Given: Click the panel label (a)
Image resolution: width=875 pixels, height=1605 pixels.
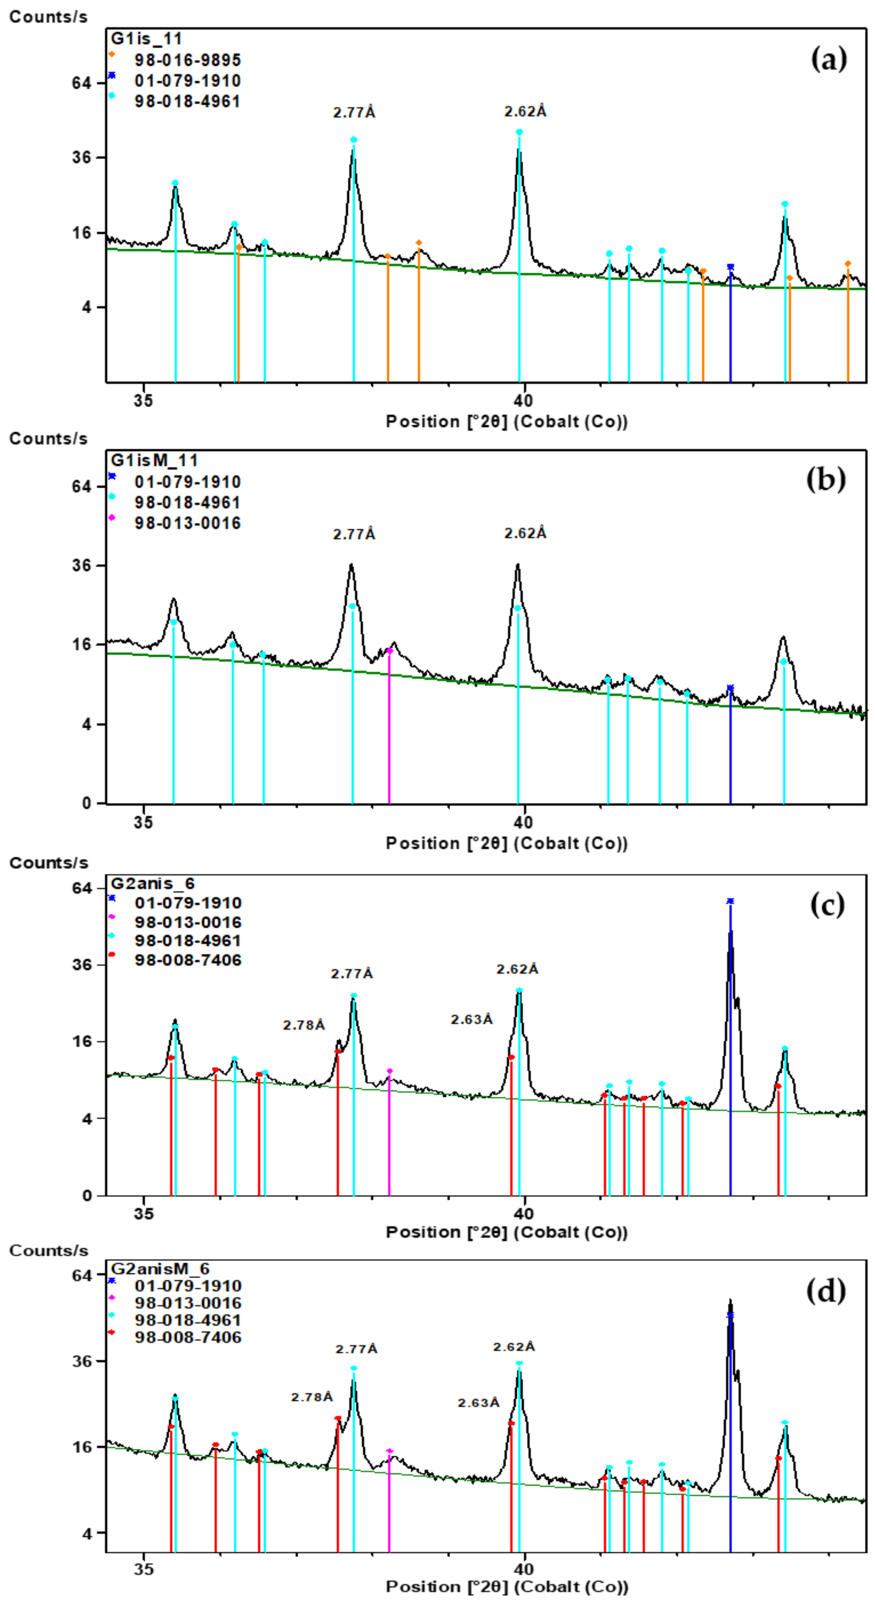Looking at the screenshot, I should coord(828,60).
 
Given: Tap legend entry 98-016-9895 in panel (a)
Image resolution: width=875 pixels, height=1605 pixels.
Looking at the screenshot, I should coord(187,60).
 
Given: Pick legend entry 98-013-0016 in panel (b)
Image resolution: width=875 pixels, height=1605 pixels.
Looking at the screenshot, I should coord(187,523).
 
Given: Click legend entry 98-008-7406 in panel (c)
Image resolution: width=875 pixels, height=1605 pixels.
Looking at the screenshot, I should coord(187,960).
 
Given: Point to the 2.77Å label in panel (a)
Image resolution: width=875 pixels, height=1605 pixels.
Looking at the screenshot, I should coord(354,113).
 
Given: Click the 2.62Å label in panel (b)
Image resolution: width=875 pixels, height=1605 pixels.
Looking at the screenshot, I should coord(525,534).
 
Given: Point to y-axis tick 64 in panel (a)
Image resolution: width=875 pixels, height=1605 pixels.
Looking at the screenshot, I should coord(81,83).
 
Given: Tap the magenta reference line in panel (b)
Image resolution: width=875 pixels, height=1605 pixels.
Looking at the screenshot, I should coord(389,729).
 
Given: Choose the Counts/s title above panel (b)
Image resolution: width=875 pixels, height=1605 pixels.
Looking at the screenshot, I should coord(48,439).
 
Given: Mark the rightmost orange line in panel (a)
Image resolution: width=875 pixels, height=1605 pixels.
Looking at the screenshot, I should coord(848,324).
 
